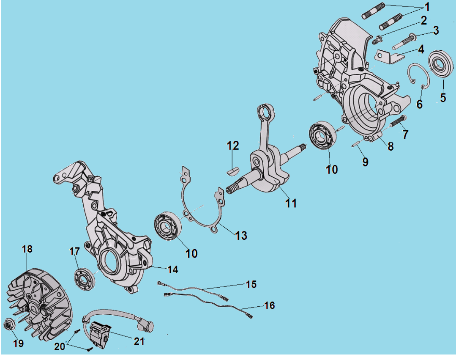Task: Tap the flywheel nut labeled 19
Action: tap(8, 325)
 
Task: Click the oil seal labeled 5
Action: tap(441, 65)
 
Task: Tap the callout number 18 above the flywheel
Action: tap(27, 249)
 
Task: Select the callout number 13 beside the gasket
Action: tap(241, 235)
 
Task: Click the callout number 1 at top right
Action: tap(427, 7)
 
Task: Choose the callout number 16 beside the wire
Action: tap(269, 305)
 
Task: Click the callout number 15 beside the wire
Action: tap(251, 284)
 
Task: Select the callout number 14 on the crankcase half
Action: tap(172, 269)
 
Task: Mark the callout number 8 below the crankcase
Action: tap(390, 146)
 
